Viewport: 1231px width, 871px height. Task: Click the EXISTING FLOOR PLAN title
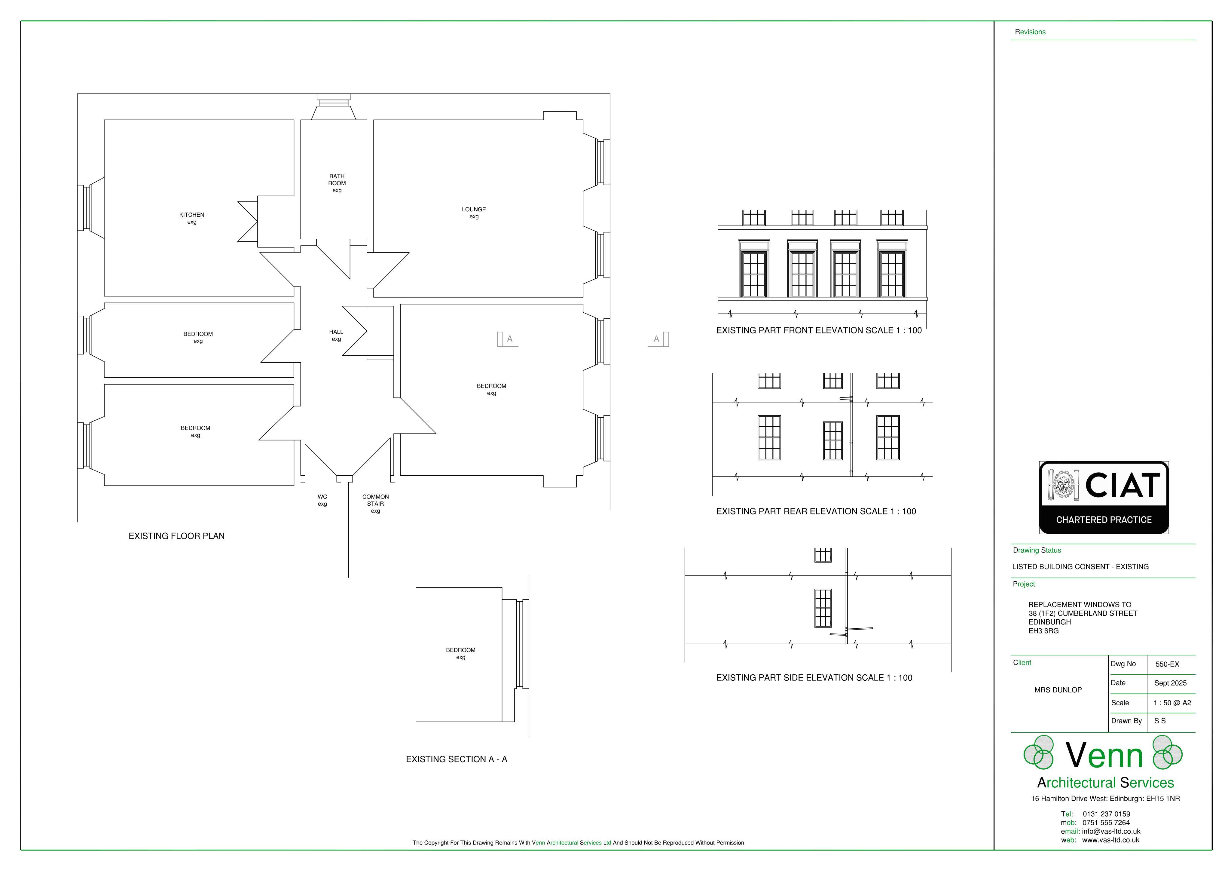[x=176, y=536]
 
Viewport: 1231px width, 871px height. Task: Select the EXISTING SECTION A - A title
[x=456, y=759]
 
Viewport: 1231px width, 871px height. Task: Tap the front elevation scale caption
[x=819, y=330]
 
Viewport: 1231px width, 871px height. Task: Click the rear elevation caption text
[x=816, y=511]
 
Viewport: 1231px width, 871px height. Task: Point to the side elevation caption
[x=814, y=677]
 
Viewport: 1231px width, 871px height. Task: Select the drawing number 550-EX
[x=1167, y=664]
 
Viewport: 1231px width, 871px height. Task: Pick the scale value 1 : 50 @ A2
[x=1173, y=703]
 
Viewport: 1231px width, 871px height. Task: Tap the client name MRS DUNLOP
[x=1058, y=690]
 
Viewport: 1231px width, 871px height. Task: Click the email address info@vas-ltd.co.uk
[x=1111, y=831]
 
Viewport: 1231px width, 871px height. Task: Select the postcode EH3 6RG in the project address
[x=1043, y=631]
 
